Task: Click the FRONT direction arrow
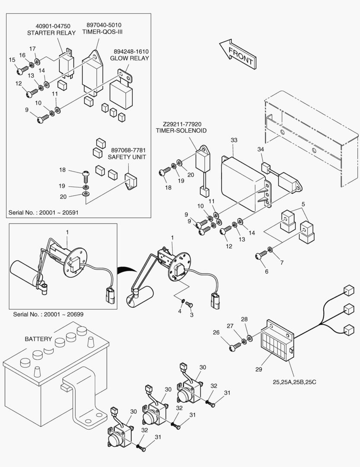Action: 236,54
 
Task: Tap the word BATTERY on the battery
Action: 38,339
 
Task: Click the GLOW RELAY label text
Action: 130,58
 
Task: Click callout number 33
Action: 234,140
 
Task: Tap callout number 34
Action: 261,150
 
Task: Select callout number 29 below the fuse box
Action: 259,369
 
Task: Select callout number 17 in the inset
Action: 32,48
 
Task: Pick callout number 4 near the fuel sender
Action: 180,310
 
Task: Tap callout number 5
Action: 303,204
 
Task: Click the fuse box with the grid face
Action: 275,343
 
